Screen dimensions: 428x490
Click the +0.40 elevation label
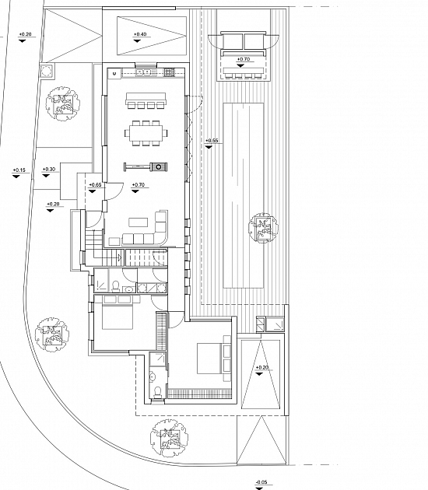(140, 34)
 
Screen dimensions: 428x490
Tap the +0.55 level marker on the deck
(212, 141)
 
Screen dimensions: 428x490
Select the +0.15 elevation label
(19, 170)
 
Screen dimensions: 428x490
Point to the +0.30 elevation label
(48, 170)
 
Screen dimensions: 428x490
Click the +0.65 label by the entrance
(95, 185)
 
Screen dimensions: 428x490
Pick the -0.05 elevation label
(261, 482)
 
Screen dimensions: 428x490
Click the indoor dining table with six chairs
(146, 133)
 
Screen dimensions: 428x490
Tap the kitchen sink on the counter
(146, 72)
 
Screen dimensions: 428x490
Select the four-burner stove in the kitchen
(169, 72)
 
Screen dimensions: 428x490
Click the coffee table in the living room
(139, 222)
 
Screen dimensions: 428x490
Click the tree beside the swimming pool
(263, 227)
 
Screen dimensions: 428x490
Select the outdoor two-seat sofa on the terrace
(244, 40)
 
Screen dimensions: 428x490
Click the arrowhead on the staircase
(119, 257)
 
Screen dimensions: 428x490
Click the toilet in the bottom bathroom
(157, 392)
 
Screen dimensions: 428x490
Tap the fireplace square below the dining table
(159, 167)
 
